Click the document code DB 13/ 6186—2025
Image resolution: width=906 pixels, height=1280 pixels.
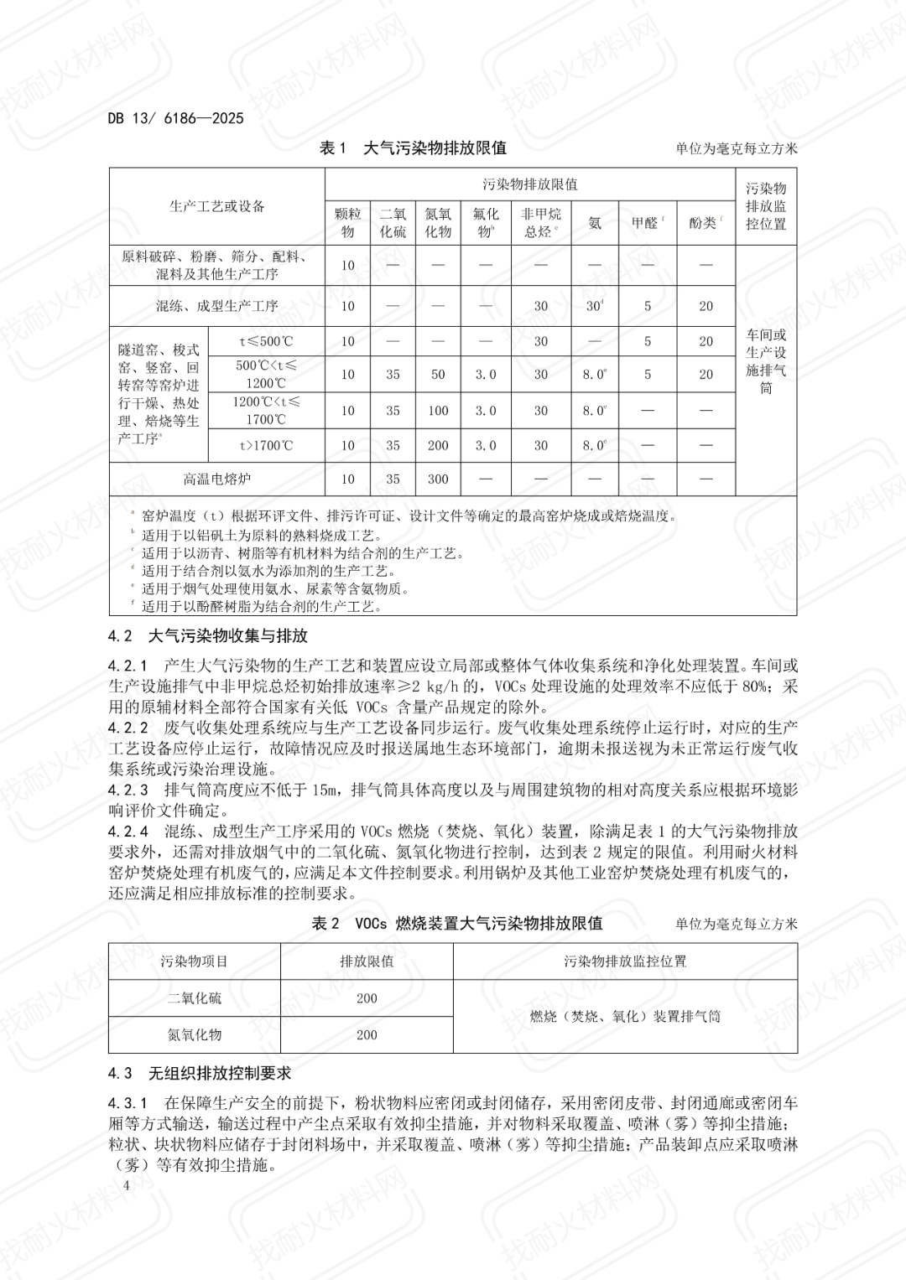click(x=176, y=118)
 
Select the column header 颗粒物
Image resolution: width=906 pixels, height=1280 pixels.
click(x=347, y=223)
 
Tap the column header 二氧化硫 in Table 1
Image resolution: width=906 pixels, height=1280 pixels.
click(x=393, y=223)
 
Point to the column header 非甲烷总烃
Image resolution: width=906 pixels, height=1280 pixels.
click(x=541, y=223)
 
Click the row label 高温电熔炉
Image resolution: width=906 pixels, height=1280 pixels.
click(x=216, y=479)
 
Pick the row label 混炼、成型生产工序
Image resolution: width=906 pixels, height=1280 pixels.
click(x=216, y=306)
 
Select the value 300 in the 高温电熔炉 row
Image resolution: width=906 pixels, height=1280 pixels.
click(x=438, y=479)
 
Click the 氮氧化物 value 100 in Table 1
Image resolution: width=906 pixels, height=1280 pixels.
click(x=438, y=411)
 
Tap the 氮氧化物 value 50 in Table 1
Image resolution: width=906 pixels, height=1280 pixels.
click(x=438, y=375)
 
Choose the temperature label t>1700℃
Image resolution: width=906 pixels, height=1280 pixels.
click(x=266, y=446)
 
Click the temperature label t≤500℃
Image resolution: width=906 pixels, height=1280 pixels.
click(x=266, y=341)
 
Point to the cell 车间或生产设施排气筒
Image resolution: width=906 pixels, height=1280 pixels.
click(x=766, y=361)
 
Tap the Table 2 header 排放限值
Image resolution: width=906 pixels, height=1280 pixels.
click(x=367, y=961)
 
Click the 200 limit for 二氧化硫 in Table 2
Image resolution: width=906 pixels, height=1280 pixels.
click(x=367, y=998)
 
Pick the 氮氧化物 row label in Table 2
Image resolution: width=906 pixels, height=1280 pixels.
click(x=195, y=1035)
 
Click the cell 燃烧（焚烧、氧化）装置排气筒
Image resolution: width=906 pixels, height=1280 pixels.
click(x=625, y=1017)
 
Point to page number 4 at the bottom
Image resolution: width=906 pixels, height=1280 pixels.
click(x=127, y=1186)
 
